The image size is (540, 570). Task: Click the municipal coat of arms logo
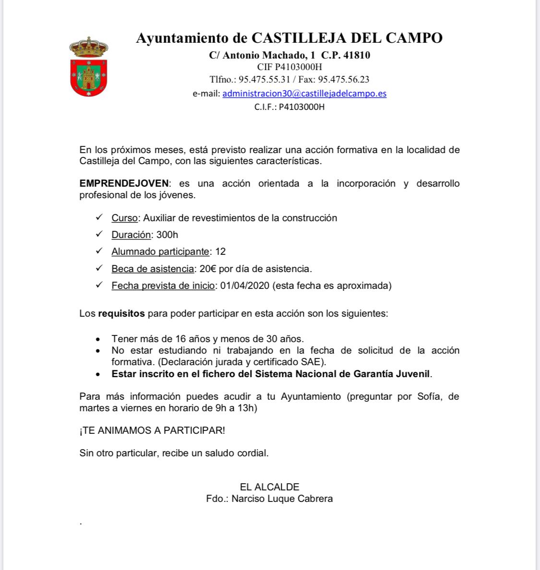click(89, 67)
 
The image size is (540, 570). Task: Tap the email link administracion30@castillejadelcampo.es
click(304, 94)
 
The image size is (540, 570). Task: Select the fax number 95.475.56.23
click(344, 80)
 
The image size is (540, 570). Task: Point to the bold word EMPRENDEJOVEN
click(124, 183)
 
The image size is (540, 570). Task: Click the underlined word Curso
click(124, 218)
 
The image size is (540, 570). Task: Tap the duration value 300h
click(167, 235)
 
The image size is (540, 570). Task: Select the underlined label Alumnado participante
click(160, 251)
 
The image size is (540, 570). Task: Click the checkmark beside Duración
click(99, 234)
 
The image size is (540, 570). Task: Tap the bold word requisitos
click(121, 313)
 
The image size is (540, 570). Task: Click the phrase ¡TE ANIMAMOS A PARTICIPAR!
click(152, 430)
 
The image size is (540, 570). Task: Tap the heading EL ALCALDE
click(269, 487)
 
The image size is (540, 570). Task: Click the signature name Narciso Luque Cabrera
click(282, 499)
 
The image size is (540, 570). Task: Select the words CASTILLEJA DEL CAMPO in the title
click(347, 38)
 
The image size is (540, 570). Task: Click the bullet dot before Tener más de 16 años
click(98, 339)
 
